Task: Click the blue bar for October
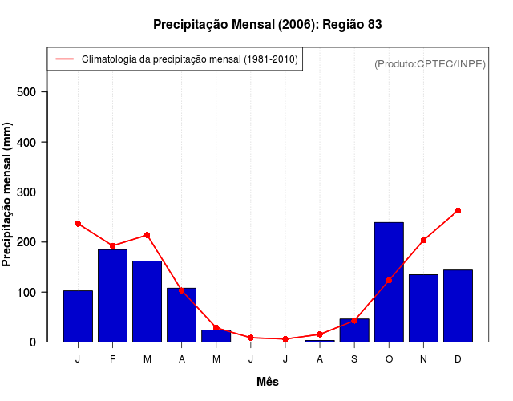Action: [x=389, y=282]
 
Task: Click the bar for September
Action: [x=354, y=330]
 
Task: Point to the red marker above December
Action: [x=458, y=211]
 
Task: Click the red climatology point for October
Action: [x=389, y=280]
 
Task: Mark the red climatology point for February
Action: [x=112, y=245]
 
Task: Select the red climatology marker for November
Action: [x=423, y=240]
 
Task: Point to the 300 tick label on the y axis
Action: [x=26, y=192]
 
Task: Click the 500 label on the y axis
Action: [x=26, y=92]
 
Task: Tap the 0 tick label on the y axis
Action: [x=33, y=342]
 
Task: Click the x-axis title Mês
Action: [x=268, y=382]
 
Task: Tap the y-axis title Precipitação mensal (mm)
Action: [x=8, y=193]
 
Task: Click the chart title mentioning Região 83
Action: [x=268, y=25]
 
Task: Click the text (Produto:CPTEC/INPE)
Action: [x=430, y=63]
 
